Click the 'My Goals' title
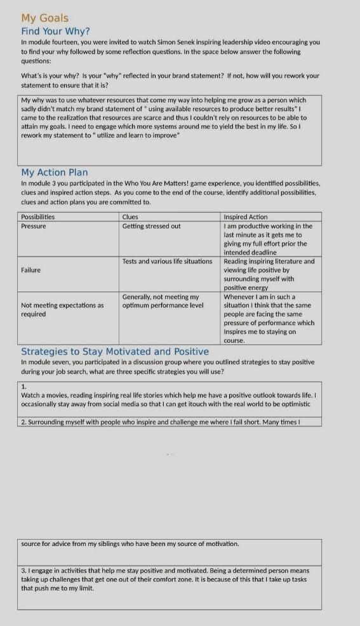pyautogui.click(x=44, y=18)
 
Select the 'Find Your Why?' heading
pyautogui.click(x=55, y=30)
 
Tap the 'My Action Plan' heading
pyautogui.click(x=55, y=172)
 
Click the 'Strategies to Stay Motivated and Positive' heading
pyautogui.click(x=115, y=351)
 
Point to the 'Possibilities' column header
pyautogui.click(x=38, y=217)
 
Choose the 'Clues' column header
pyautogui.click(x=130, y=217)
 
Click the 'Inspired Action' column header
pyautogui.click(x=246, y=217)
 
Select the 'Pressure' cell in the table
pyautogui.click(x=34, y=226)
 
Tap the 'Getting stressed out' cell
pyautogui.click(x=151, y=226)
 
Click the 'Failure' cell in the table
pyautogui.click(x=30, y=270)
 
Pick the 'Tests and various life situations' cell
pyautogui.click(x=167, y=261)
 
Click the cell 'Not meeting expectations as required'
pyautogui.click(x=62, y=309)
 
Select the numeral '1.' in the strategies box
pyautogui.click(x=23, y=386)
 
